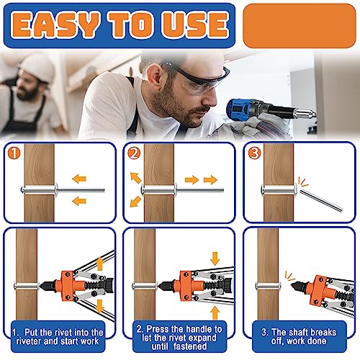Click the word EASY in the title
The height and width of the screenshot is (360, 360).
(55, 24)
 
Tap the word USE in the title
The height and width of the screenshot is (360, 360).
(195, 24)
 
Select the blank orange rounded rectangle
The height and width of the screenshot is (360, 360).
(300, 26)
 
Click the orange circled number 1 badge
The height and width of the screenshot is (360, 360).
(14, 153)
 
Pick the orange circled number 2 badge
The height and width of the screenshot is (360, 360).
(134, 153)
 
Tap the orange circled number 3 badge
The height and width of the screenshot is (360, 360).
(254, 153)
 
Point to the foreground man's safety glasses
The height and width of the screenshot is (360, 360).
(196, 77)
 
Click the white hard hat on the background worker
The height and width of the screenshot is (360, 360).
(38, 67)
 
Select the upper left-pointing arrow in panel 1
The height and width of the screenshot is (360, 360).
(79, 179)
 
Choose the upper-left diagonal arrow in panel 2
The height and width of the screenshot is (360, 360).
(135, 178)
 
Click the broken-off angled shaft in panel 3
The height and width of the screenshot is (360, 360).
(321, 199)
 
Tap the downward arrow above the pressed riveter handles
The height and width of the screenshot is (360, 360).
(215, 258)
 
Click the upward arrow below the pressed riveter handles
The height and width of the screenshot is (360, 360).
(215, 313)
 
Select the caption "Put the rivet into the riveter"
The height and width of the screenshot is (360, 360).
(58, 337)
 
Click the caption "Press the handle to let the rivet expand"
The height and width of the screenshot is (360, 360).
(179, 333)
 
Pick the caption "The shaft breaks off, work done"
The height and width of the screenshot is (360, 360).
(299, 336)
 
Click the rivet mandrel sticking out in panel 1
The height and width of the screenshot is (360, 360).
(81, 190)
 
